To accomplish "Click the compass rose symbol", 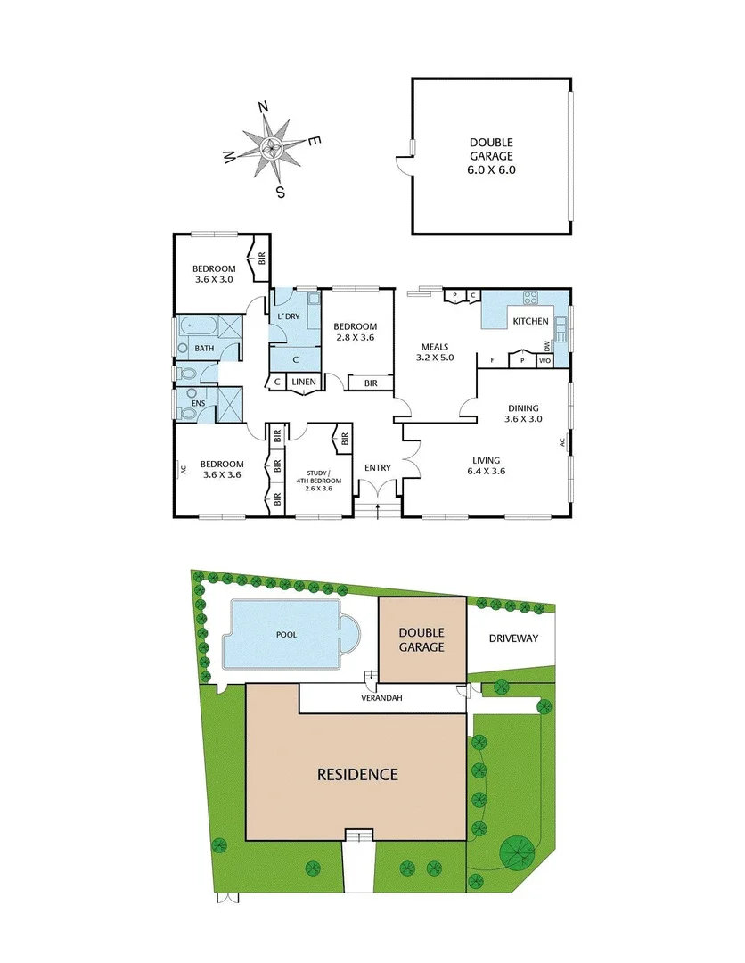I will (x=274, y=148).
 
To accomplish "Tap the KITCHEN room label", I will (x=530, y=321).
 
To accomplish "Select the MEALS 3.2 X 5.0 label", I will (x=435, y=352).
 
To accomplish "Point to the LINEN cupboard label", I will (x=303, y=383).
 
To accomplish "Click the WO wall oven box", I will (x=544, y=361).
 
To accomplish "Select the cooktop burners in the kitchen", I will (x=532, y=299).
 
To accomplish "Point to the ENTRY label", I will (x=378, y=467).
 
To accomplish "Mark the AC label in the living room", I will (x=562, y=441).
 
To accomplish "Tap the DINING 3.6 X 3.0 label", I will (x=523, y=413).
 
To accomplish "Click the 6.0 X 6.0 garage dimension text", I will (x=492, y=169).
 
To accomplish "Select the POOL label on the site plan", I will (x=286, y=635).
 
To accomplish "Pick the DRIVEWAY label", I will (x=514, y=638).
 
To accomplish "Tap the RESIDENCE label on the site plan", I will (x=357, y=774).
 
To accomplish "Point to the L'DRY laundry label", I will (x=288, y=317).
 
